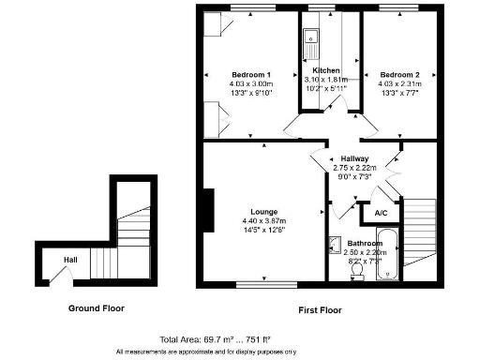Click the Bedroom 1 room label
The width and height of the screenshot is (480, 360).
251,75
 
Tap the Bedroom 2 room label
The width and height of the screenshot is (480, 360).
399,75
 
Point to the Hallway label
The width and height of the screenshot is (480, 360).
354,158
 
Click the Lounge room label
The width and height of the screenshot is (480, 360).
262,212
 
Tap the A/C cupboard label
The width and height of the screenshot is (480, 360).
381,214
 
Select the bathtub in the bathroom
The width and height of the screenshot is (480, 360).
392,258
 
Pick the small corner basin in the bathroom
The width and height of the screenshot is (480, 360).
336,244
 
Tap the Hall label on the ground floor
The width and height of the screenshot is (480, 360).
71,260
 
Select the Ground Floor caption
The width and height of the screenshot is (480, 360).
96,307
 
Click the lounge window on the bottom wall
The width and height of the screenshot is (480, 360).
264,283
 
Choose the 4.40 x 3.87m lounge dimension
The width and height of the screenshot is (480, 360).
262,221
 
